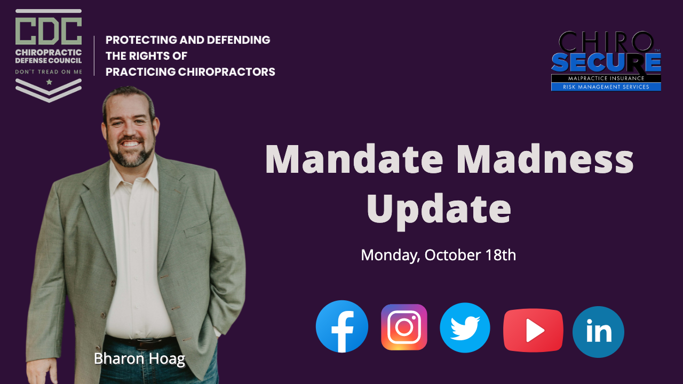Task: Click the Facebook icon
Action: pos(342,326)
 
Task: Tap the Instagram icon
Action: pos(404,327)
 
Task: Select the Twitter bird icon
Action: pos(465,327)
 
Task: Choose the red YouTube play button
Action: pos(533,330)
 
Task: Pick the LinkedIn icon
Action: pos(598,332)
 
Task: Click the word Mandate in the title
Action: pos(354,159)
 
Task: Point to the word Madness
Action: pos(545,159)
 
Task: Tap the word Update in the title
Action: pos(439,211)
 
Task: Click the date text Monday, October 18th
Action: pos(439,255)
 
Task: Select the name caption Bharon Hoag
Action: pos(139,359)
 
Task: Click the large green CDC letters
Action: pos(49,31)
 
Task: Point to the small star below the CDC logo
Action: pos(49,82)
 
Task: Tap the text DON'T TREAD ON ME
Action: pos(49,72)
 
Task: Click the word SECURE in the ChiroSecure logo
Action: pos(606,62)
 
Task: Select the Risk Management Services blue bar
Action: pos(606,87)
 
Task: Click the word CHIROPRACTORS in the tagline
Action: pos(227,72)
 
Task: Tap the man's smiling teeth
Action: pos(131,143)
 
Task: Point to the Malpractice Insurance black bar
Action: pos(606,78)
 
